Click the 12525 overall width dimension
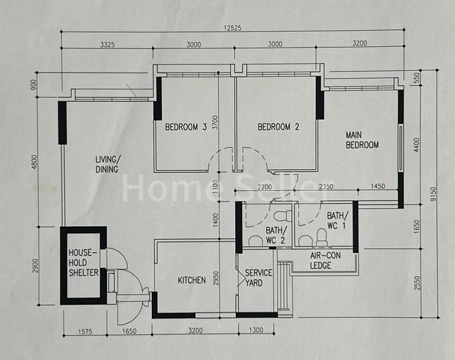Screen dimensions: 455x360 tap(232, 28)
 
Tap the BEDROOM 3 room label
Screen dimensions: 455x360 tap(185, 127)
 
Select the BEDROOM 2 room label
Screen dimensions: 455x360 tap(279, 127)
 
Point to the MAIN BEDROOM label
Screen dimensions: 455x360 tap(362, 140)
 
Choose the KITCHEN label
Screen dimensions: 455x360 tap(191, 280)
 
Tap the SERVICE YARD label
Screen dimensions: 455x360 tap(259, 278)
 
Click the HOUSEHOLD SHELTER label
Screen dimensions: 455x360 tap(83, 263)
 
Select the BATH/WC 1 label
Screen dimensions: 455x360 tap(337, 220)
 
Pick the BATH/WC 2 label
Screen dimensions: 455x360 tap(276, 235)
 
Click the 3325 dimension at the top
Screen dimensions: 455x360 tap(107, 44)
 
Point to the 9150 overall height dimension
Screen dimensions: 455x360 tap(433, 194)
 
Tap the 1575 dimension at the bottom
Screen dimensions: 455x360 tap(85, 331)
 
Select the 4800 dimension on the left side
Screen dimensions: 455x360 tap(35, 162)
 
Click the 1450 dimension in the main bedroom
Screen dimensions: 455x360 tap(378, 186)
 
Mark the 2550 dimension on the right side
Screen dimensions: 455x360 tap(417, 283)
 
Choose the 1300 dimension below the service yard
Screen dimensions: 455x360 tap(256, 330)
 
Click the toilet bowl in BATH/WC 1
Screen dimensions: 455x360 tap(321, 237)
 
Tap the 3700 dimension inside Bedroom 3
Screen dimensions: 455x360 tap(215, 122)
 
